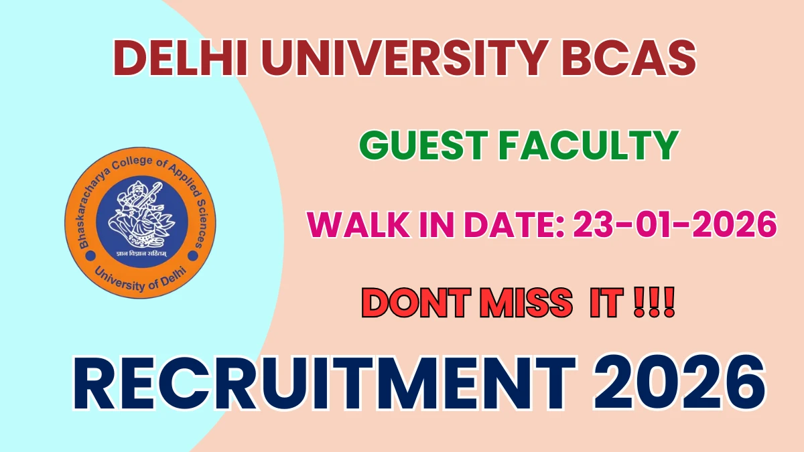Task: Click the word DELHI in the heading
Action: point(180,58)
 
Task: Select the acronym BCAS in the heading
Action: point(629,58)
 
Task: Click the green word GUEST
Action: point(423,145)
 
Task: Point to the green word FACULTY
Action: point(589,145)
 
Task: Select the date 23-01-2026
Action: point(675,224)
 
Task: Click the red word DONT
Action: point(416,303)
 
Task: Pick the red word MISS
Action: point(526,303)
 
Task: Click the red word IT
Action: point(606,303)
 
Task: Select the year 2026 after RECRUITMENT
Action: point(680,383)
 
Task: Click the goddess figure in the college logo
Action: point(141,214)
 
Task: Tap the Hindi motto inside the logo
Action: point(141,254)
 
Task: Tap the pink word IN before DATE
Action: point(436,224)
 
